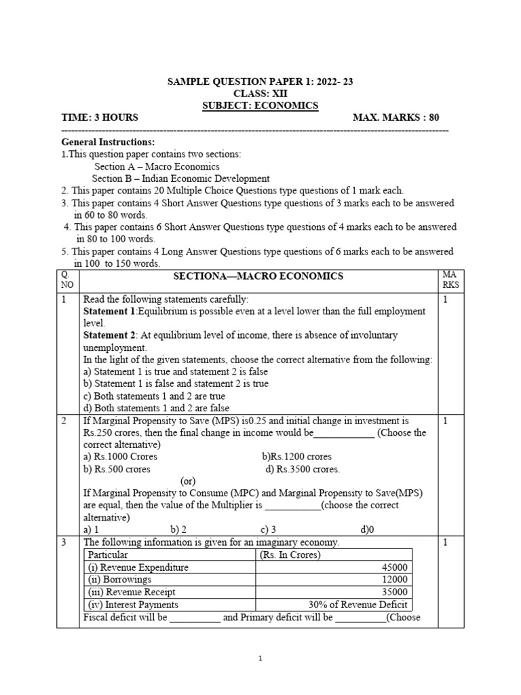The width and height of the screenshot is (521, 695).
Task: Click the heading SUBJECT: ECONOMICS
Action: pyautogui.click(x=260, y=105)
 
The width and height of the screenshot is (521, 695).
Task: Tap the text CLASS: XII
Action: pyautogui.click(x=260, y=94)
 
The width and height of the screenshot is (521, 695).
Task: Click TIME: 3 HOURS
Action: pyautogui.click(x=100, y=117)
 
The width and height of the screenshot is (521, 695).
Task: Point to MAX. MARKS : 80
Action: pyautogui.click(x=396, y=117)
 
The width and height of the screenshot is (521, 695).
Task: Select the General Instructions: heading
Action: pyautogui.click(x=108, y=142)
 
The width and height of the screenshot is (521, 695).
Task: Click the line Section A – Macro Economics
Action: pyautogui.click(x=157, y=166)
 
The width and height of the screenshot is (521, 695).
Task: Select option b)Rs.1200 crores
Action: pyautogui.click(x=296, y=457)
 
